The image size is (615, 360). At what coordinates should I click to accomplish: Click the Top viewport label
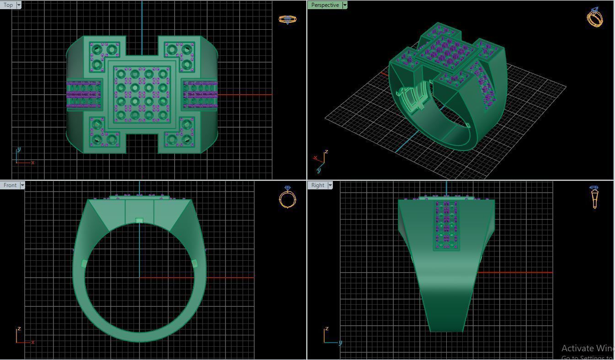tap(8, 5)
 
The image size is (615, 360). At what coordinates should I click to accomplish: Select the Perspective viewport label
tap(325, 5)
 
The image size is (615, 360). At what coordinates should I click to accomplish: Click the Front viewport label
tap(10, 185)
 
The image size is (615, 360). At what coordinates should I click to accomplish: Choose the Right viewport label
tap(317, 185)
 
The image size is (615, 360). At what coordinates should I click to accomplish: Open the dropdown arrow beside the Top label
tap(19, 5)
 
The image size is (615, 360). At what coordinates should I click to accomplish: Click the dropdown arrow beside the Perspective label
tap(345, 5)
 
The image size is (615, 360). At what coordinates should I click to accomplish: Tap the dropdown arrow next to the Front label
tap(22, 185)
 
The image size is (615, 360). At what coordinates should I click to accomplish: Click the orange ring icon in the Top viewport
tap(287, 19)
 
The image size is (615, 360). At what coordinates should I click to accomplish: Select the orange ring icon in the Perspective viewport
tap(595, 17)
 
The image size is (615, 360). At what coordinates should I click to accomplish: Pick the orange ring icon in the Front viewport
tap(287, 198)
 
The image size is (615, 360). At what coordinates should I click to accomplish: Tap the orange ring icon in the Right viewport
tap(594, 197)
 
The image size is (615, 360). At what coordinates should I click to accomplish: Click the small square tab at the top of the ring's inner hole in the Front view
tap(139, 221)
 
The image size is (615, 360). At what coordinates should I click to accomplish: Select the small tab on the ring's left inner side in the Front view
tap(84, 263)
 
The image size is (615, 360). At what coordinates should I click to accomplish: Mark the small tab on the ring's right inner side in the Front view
tap(194, 263)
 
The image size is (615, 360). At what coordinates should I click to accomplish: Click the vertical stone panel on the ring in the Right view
tap(446, 225)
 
